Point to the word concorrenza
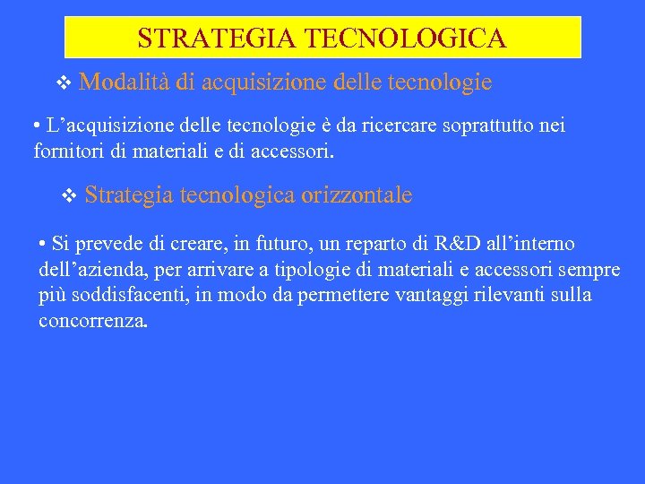pyautogui.click(x=92, y=320)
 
